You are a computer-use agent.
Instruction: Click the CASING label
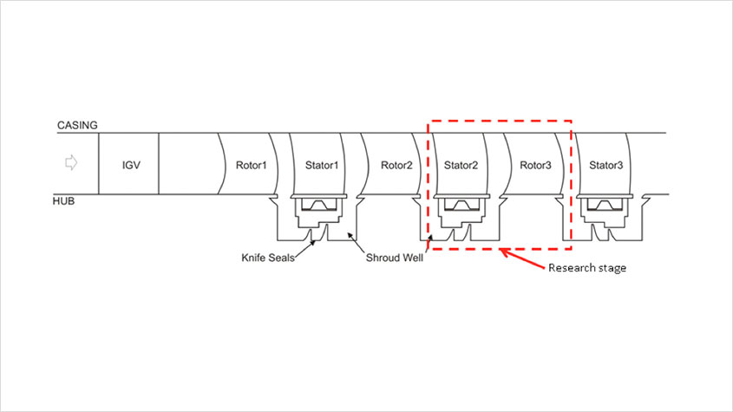point(77,125)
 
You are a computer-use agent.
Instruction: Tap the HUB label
point(63,201)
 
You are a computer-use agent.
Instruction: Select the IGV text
point(131,165)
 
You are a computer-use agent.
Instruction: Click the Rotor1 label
point(251,165)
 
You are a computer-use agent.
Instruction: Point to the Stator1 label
point(322,165)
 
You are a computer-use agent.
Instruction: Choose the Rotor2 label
point(396,165)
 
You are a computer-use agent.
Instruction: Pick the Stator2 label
point(461,165)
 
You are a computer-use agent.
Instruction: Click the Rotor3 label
point(535,165)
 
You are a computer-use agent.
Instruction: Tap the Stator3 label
point(605,165)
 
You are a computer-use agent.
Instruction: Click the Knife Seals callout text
point(268,258)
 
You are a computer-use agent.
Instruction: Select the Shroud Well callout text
point(394,258)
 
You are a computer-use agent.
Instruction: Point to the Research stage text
point(587,268)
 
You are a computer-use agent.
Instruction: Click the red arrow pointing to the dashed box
point(522,259)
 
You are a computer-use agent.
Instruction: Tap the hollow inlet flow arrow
point(71,163)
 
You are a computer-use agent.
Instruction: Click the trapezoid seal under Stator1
point(319,205)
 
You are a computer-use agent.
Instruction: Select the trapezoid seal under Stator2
point(461,205)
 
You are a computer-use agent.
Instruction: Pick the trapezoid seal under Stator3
point(605,205)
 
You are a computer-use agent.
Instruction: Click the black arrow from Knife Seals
point(304,249)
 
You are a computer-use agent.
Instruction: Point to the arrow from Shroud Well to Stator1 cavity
point(356,242)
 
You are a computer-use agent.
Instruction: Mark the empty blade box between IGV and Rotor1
point(188,164)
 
